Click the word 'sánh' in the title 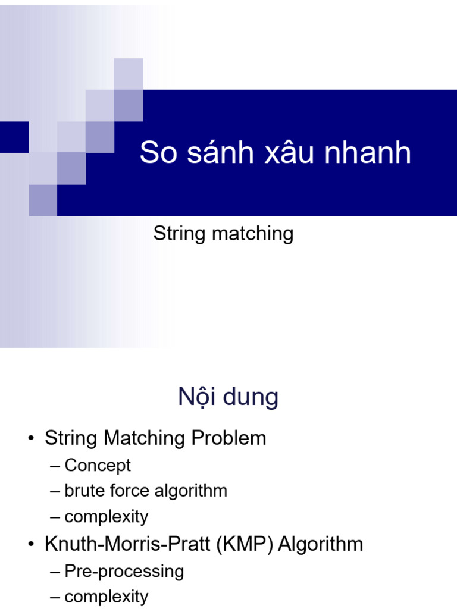[220, 152]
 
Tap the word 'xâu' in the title [289, 152]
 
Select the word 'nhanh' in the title [368, 152]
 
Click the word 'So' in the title [158, 152]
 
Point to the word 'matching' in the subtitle [252, 234]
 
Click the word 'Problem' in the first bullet [228, 438]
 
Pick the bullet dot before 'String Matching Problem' [31, 438]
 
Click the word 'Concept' [98, 465]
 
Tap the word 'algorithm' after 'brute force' [191, 491]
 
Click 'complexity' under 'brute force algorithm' [107, 517]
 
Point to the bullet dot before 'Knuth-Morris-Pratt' [31, 544]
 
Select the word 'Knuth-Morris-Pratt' [127, 544]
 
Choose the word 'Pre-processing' [124, 572]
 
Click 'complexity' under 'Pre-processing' [107, 597]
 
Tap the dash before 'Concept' [55, 466]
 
